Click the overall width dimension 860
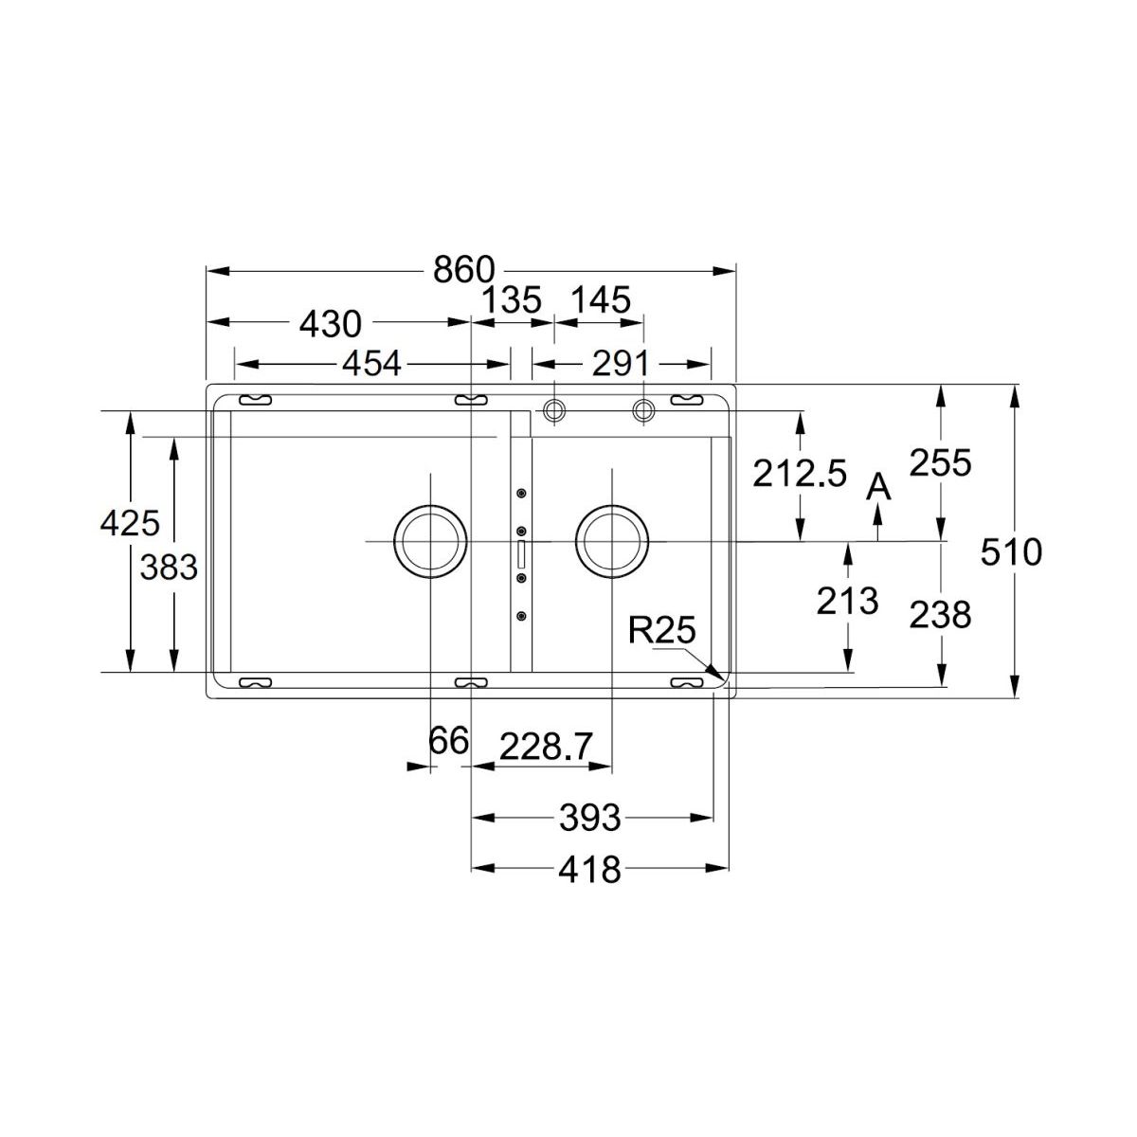[463, 270]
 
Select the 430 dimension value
[331, 324]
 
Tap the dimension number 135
[512, 299]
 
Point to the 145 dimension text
[602, 299]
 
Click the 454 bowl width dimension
[372, 363]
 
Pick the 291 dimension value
[620, 363]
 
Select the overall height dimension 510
[1011, 552]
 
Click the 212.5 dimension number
[800, 473]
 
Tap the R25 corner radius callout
[662, 629]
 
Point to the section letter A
[878, 488]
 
